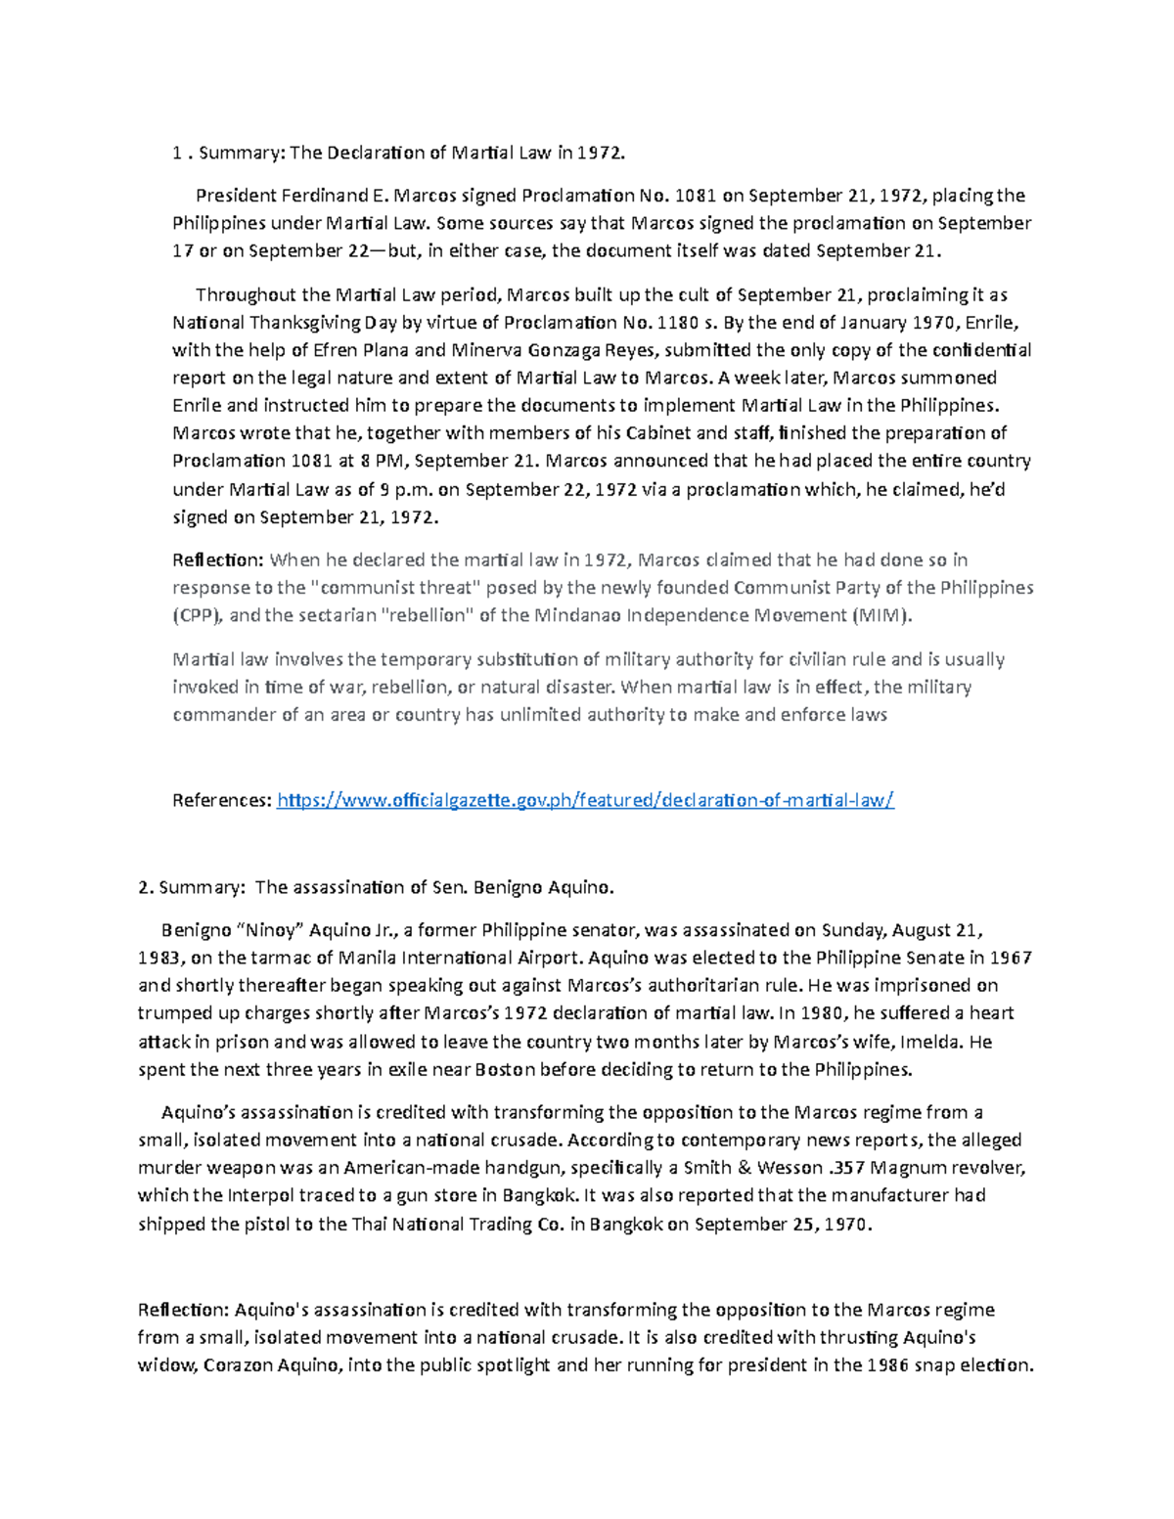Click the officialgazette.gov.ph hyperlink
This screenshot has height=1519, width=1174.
click(585, 801)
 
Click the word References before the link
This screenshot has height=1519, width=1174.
click(221, 801)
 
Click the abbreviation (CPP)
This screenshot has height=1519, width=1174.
click(199, 616)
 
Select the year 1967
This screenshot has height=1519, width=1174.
click(1011, 958)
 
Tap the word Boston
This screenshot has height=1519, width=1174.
click(505, 1069)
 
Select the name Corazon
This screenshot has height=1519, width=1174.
click(240, 1365)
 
